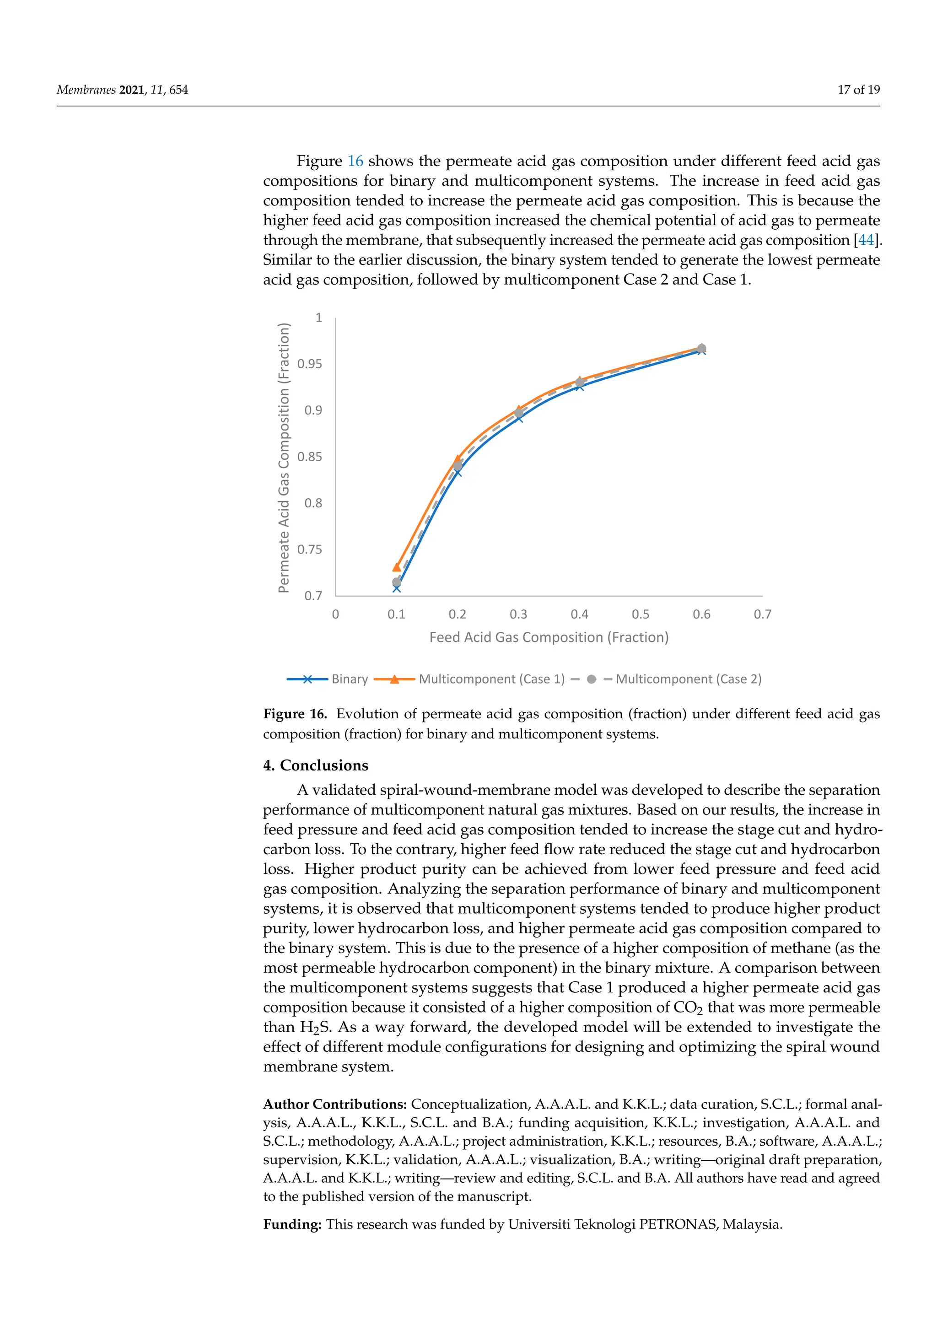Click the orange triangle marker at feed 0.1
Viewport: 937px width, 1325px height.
tap(396, 567)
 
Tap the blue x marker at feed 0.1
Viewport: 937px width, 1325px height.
tap(396, 588)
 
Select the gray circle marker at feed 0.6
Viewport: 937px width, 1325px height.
tap(701, 349)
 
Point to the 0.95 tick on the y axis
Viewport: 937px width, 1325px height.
tap(310, 364)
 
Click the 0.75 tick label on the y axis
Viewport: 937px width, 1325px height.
tap(310, 549)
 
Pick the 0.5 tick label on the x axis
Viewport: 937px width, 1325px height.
tap(641, 614)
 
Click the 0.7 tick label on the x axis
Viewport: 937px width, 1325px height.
tap(762, 614)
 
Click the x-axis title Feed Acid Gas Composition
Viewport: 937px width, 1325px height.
tap(549, 638)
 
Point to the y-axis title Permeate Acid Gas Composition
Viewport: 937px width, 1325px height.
tap(283, 458)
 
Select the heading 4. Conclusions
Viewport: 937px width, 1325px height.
tap(316, 766)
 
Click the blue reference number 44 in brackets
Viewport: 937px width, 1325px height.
tap(866, 240)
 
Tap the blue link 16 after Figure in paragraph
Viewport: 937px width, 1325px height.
tap(355, 161)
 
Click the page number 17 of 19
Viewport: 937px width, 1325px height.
tap(858, 90)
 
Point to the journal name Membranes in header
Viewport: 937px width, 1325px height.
tap(86, 90)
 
